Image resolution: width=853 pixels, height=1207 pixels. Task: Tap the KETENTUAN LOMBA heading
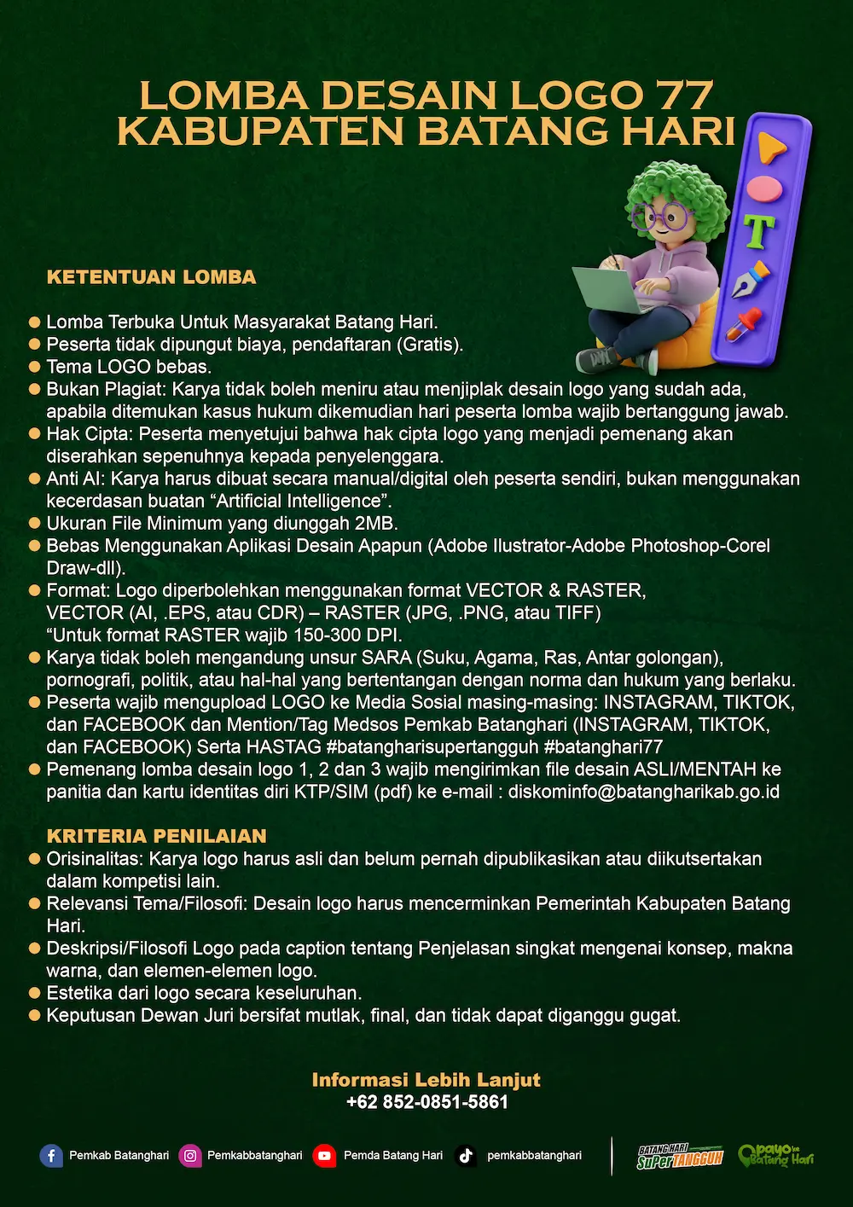click(151, 277)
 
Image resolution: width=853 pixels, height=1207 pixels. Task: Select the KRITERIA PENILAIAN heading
click(156, 836)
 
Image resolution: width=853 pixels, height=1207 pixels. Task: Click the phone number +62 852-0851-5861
click(426, 1102)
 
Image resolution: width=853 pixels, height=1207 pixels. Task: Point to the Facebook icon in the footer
click(51, 1156)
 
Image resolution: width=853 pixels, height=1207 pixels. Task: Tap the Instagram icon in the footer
click(190, 1156)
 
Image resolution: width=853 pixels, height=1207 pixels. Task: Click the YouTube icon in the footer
click(324, 1156)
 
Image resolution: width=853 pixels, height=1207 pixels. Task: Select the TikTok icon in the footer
click(466, 1156)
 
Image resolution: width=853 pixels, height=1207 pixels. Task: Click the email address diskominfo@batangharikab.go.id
click(644, 792)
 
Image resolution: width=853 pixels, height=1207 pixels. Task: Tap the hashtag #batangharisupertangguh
click(432, 747)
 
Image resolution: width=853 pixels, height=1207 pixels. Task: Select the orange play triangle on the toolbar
click(770, 148)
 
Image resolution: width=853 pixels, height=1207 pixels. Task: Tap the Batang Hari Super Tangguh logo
click(680, 1157)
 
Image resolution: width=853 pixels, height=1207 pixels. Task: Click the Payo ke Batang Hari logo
click(775, 1156)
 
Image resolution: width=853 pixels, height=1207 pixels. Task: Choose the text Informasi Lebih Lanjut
click(426, 1080)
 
